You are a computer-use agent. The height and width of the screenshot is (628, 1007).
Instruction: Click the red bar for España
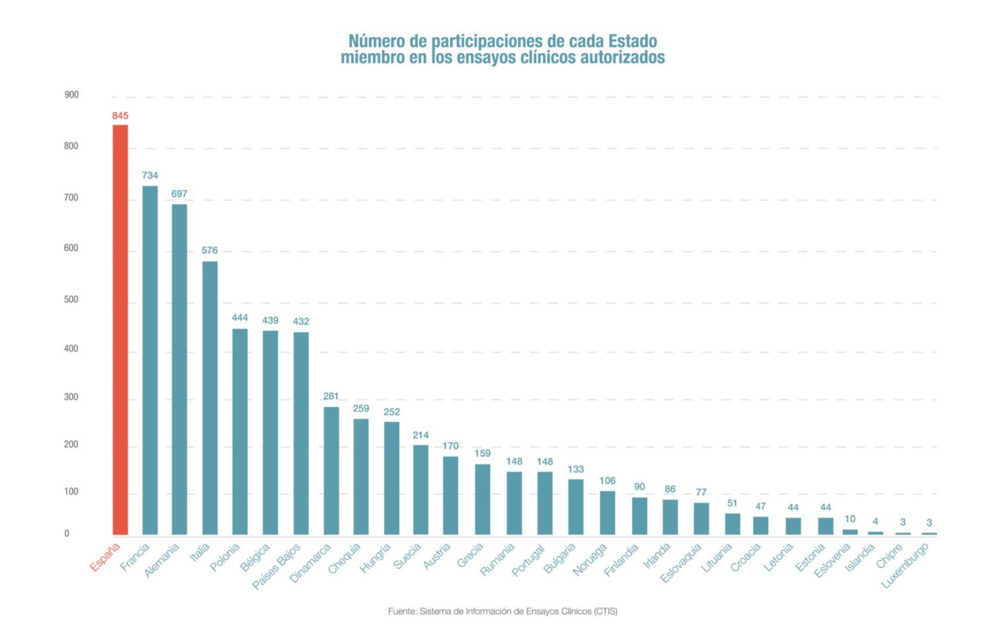click(120, 330)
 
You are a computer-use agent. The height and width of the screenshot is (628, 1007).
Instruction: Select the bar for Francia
click(150, 360)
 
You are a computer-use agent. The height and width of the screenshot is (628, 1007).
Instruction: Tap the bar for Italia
click(210, 398)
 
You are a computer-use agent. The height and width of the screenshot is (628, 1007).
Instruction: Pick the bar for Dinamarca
click(331, 470)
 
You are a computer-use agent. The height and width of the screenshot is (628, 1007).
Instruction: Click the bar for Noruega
click(607, 512)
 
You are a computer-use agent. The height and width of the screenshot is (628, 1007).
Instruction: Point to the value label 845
click(120, 116)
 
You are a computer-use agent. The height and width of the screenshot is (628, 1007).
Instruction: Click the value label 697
click(179, 194)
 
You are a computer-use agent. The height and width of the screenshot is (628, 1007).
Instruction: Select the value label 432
click(301, 321)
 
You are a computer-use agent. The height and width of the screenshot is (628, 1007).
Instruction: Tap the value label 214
click(420, 435)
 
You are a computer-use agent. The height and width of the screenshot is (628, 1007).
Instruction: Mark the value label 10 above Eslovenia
click(850, 519)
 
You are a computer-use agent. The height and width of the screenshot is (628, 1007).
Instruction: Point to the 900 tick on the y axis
click(72, 95)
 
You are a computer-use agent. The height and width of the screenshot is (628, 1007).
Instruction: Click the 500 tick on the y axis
click(72, 299)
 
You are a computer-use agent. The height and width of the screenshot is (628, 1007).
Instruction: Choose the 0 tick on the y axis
click(67, 533)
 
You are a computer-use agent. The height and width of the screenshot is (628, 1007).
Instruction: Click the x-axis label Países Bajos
click(277, 566)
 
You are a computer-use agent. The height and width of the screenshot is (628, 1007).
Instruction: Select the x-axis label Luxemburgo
click(904, 566)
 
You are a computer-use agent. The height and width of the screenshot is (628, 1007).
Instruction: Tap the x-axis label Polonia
click(224, 558)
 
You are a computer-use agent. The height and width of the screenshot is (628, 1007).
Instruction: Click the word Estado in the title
click(633, 41)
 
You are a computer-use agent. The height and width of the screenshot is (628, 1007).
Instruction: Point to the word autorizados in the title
click(623, 58)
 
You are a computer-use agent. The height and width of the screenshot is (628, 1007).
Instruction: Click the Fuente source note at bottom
click(502, 611)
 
